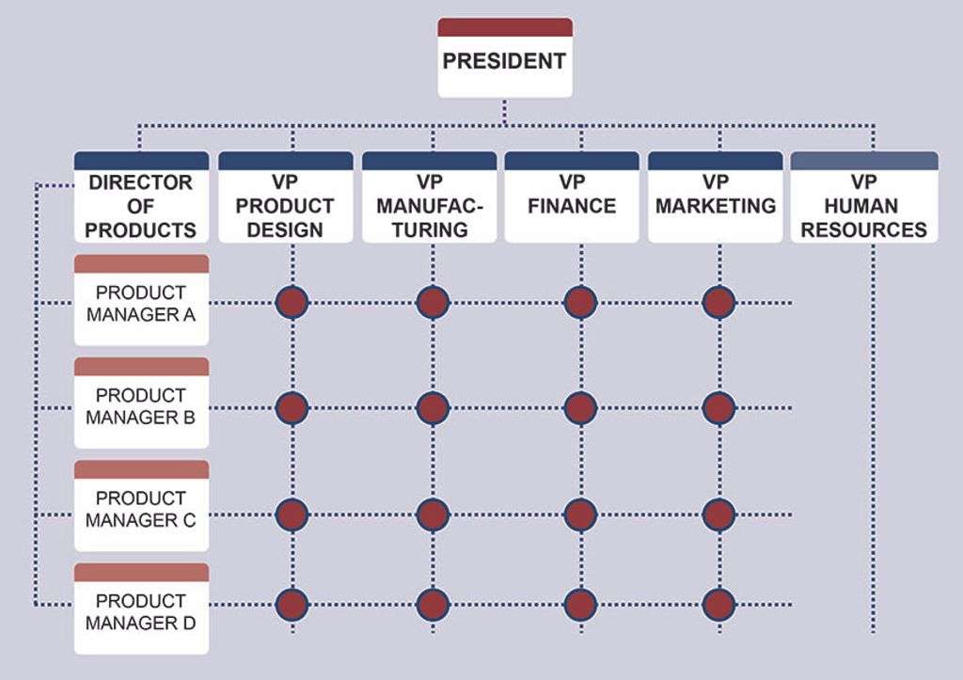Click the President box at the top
[x=505, y=57]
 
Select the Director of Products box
[x=141, y=198]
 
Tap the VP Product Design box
[x=286, y=198]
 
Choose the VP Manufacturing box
[x=429, y=198]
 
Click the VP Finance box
[x=572, y=198]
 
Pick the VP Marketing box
[x=716, y=198]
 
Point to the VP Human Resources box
[x=864, y=198]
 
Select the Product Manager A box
[x=141, y=300]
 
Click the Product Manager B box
[x=141, y=403]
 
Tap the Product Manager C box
[x=141, y=506]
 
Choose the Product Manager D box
[x=141, y=609]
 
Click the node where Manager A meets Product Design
[x=292, y=302]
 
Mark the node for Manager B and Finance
[x=580, y=408]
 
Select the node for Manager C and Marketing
[x=719, y=514]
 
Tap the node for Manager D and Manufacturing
[x=433, y=605]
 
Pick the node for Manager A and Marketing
[x=719, y=302]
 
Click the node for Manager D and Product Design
[x=292, y=605]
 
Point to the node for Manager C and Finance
[x=580, y=514]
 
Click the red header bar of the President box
[x=505, y=27]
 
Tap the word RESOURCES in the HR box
[x=863, y=229]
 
